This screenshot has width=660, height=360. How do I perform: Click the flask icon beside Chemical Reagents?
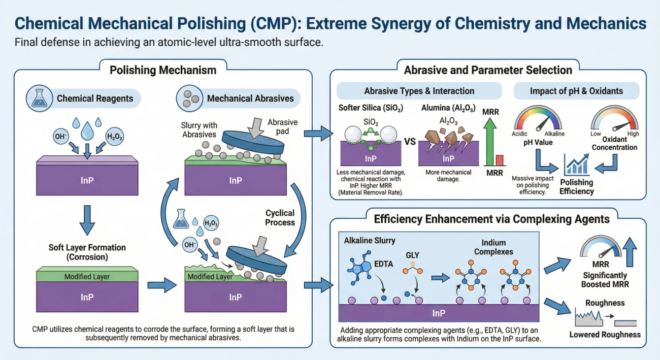point(38,97)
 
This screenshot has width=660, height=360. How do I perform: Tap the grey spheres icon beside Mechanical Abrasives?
point(188,97)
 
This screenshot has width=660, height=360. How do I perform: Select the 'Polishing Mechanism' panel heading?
point(163,70)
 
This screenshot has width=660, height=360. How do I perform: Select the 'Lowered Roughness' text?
point(605,334)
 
